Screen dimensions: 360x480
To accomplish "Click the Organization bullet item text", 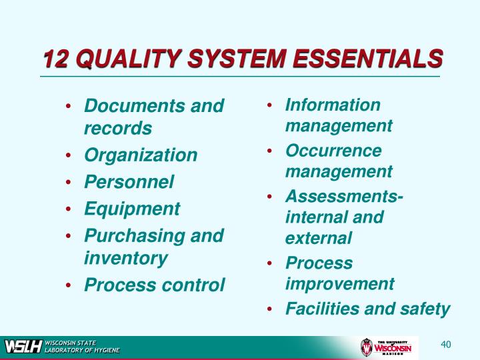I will pyautogui.click(x=141, y=155).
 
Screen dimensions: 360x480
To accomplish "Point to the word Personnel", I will pyautogui.click(x=129, y=182).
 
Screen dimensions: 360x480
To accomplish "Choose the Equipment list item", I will pyautogui.click(x=132, y=209).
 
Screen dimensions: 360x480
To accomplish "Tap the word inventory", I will pyautogui.click(x=125, y=257).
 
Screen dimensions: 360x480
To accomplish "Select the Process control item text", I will pyautogui.click(x=155, y=285).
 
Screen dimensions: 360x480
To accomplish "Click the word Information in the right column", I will pyautogui.click(x=333, y=105).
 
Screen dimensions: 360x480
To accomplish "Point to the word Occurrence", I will pyautogui.click(x=333, y=151).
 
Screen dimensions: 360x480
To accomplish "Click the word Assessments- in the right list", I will pyautogui.click(x=344, y=197).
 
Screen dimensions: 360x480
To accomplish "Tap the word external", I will pyautogui.click(x=318, y=238).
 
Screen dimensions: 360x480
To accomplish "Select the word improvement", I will pyautogui.click(x=340, y=283).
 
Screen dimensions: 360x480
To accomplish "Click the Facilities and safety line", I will pyautogui.click(x=368, y=309).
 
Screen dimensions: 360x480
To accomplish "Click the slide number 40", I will pyautogui.click(x=446, y=344).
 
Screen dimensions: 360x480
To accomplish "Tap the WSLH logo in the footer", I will pyautogui.click(x=23, y=347).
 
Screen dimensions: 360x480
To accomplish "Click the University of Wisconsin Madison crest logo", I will pyautogui.click(x=365, y=347).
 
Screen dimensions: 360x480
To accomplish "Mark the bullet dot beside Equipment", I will pyautogui.click(x=70, y=209).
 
